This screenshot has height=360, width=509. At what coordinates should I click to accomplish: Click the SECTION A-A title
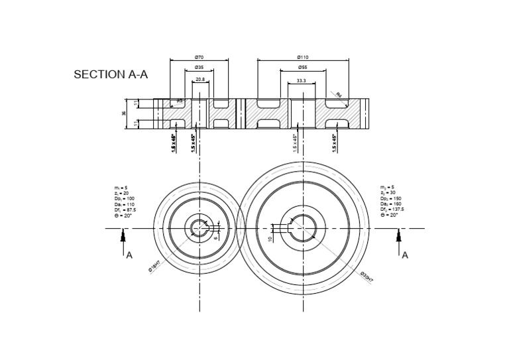(x=111, y=75)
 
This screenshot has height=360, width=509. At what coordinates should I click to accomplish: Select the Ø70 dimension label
(x=199, y=58)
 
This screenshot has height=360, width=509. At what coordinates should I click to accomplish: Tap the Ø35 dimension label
(x=199, y=68)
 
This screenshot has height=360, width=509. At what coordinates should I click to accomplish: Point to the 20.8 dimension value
(x=199, y=80)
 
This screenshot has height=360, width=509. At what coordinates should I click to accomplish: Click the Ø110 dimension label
(x=303, y=58)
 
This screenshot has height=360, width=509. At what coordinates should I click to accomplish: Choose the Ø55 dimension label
(x=302, y=68)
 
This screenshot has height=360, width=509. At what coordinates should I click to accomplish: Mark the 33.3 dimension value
(x=302, y=80)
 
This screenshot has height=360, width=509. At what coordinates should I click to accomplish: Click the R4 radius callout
(x=338, y=95)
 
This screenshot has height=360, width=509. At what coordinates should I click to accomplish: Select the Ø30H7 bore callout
(x=367, y=277)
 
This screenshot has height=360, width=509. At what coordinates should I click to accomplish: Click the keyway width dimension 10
(x=270, y=238)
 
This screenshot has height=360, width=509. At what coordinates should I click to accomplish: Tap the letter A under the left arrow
(x=129, y=255)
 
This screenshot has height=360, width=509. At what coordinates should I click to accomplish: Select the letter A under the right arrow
(x=405, y=255)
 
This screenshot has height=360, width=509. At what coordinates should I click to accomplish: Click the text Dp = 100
(x=124, y=199)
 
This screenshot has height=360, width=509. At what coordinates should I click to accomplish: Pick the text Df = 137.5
(x=392, y=210)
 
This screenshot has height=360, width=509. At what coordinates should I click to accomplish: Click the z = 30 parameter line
(x=388, y=193)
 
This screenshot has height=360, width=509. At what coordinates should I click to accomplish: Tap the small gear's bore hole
(x=199, y=229)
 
